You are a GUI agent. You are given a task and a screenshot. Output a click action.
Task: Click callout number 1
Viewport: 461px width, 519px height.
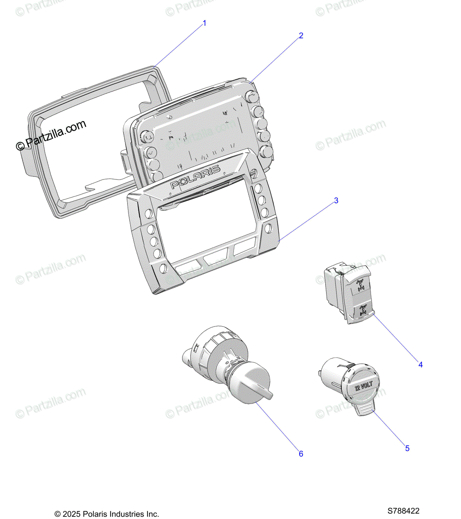[x=205, y=23]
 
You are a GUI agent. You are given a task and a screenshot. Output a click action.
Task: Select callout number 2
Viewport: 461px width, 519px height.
[x=301, y=35]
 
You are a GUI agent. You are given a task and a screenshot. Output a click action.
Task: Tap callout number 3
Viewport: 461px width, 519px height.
[x=336, y=201]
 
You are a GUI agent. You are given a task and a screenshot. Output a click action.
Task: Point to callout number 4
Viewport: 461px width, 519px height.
[x=420, y=365]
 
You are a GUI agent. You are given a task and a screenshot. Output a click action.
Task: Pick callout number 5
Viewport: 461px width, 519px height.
[x=407, y=449]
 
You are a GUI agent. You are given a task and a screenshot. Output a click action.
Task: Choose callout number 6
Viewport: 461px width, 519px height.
[x=301, y=454]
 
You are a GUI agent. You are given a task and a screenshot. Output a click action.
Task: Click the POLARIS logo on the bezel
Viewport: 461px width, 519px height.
[x=195, y=177]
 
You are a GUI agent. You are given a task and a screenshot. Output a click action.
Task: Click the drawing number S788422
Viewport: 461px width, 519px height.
[x=403, y=511]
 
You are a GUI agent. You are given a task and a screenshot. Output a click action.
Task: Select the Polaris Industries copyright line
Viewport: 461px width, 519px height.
[x=107, y=514]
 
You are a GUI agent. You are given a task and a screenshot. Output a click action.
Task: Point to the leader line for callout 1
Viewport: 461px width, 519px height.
[x=179, y=44]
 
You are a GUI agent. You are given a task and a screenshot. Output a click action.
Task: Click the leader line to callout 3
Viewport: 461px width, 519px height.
[x=308, y=220]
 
